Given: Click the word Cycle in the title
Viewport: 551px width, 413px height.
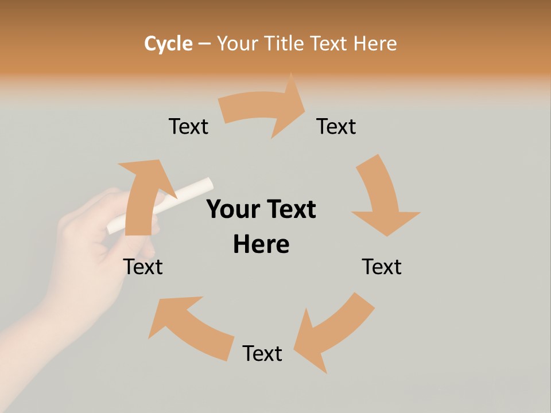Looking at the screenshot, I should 168,44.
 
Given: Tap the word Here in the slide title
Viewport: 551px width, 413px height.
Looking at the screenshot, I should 375,44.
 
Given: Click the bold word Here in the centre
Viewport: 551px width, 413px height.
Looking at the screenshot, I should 261,244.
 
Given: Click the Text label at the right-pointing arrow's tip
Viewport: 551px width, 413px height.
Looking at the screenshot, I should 336,126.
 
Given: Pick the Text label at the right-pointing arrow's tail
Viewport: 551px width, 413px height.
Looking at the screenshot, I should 188,126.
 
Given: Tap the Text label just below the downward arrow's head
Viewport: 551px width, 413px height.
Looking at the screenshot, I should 382,267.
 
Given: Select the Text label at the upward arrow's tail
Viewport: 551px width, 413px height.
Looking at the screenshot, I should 143,267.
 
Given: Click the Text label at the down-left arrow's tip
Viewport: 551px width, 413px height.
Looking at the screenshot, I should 262,353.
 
